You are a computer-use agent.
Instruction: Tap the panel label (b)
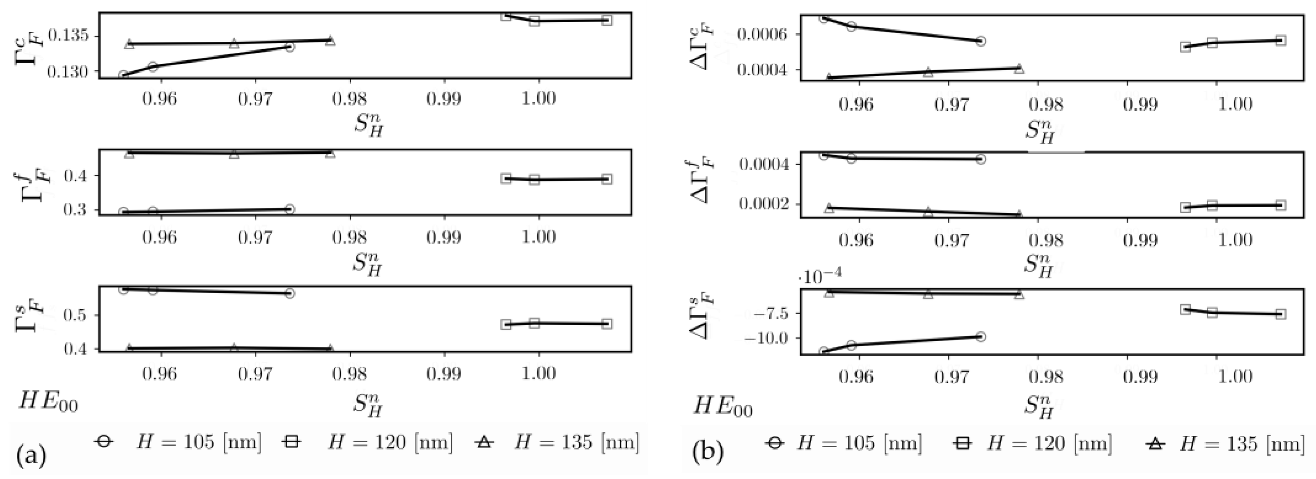[x=708, y=452]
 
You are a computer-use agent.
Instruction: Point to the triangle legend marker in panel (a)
[x=485, y=442]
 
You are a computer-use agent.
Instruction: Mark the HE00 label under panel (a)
[x=48, y=402]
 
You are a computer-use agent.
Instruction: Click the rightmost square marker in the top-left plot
[x=606, y=21]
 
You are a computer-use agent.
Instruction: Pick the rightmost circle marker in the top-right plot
[x=980, y=41]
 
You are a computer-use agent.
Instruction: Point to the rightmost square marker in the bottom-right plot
[x=1280, y=314]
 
